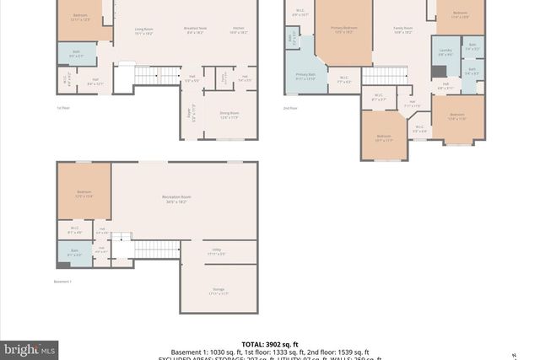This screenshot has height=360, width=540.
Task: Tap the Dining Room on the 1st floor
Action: click(229, 116)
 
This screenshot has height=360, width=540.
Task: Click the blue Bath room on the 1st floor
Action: click(77, 54)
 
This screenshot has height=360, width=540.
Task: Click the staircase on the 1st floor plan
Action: click(157, 76)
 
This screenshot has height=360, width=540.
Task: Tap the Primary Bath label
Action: click(305, 78)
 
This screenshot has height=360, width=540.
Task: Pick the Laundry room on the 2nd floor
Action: click(445, 53)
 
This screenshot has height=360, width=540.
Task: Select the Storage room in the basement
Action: click(218, 292)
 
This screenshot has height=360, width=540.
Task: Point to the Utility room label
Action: click(216, 251)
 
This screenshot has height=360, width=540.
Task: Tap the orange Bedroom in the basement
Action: click(84, 192)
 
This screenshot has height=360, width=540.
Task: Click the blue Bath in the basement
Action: click(74, 253)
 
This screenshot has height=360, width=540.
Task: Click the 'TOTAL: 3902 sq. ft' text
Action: click(270, 344)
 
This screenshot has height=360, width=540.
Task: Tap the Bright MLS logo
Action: click(30, 348)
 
